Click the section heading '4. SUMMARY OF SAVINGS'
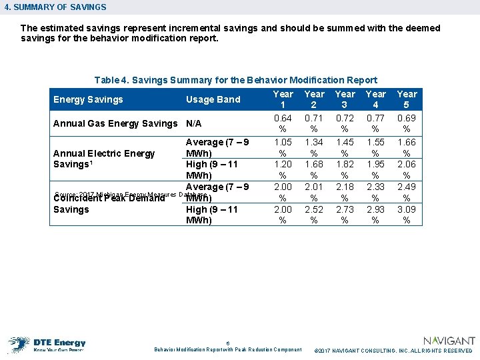tap(55, 7)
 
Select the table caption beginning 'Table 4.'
tap(235, 80)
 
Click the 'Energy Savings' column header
tap(88, 100)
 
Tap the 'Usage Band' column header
tap(213, 100)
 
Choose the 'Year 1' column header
tap(283, 99)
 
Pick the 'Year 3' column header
tap(345, 99)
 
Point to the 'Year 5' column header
tap(407, 99)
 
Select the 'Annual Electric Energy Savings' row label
tap(103, 159)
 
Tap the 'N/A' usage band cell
tap(193, 123)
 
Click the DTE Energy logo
tap(47, 344)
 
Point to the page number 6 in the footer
tap(228, 343)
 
